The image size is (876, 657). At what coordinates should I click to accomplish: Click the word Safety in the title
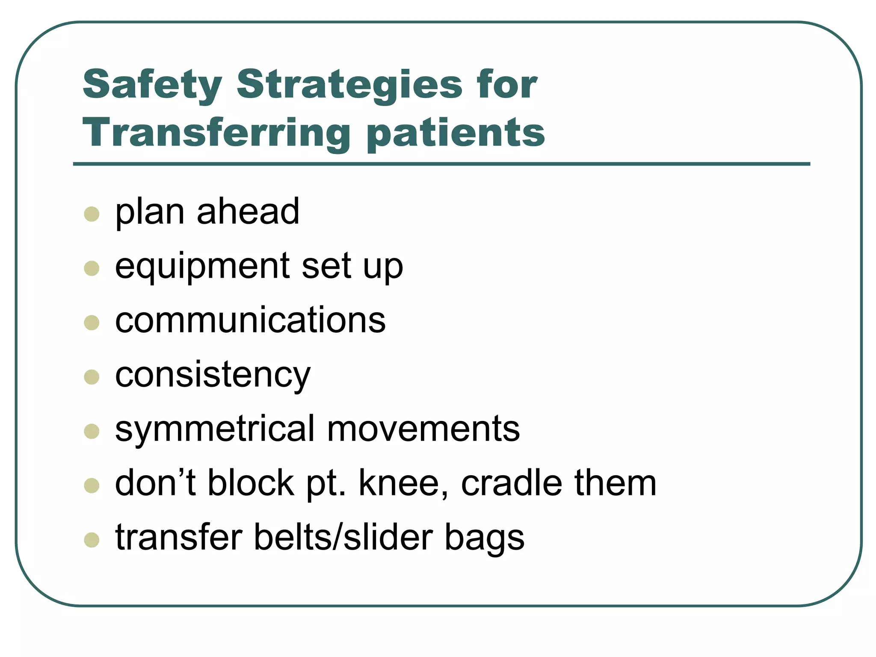point(152,85)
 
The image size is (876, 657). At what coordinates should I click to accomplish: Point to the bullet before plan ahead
point(92,214)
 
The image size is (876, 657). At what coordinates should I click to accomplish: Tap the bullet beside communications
point(92,323)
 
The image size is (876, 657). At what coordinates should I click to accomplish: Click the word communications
point(250,320)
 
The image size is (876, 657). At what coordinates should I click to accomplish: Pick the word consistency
point(213,376)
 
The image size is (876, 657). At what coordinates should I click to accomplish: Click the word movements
point(423,429)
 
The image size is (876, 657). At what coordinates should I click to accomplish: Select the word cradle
point(512,483)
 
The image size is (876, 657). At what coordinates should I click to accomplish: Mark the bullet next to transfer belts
point(92,540)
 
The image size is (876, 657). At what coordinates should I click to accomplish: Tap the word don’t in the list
point(156,483)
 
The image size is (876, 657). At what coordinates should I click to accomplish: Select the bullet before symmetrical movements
point(92,432)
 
